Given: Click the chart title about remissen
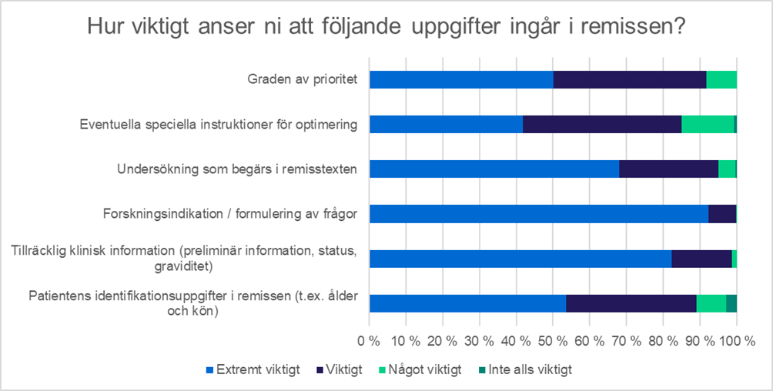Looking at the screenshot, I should [386, 27].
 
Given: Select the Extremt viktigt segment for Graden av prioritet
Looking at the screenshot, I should [461, 79].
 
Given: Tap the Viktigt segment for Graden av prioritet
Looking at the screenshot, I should [629, 79].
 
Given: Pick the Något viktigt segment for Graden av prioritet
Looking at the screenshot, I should [721, 79].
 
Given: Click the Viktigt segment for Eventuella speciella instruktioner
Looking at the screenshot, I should [602, 124].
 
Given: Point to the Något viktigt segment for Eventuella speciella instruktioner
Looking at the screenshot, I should [708, 124].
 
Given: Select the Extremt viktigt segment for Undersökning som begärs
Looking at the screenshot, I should [494, 169].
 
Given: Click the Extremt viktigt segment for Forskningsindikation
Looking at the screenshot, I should [539, 214].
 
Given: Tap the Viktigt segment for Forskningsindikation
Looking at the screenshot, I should [722, 214].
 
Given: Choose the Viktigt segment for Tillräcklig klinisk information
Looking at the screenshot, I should [701, 259].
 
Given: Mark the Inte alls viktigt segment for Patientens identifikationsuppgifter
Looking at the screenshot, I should [731, 303].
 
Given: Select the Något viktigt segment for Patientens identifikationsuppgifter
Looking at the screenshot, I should [711, 303].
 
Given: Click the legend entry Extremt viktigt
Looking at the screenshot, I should [253, 370].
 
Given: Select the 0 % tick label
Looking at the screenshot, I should [370, 339].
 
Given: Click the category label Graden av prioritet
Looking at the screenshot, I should [302, 79].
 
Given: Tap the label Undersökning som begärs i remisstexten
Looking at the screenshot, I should [237, 169].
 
